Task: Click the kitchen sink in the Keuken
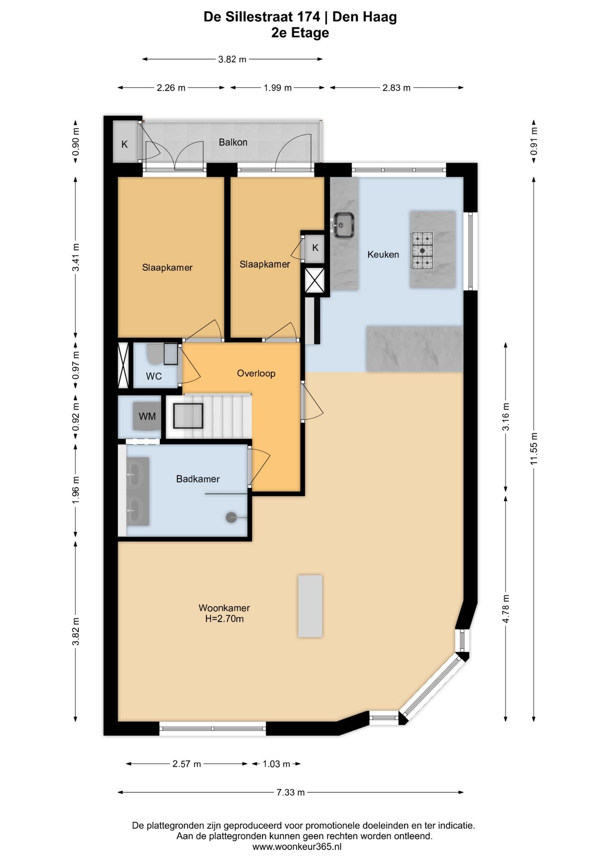[344, 225]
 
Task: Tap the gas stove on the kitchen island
[422, 251]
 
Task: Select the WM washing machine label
[147, 416]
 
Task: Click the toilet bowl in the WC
[155, 354]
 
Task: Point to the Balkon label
[233, 142]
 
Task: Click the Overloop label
[256, 373]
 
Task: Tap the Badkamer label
[198, 479]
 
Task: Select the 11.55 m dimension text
[534, 448]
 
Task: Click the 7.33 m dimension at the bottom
[291, 792]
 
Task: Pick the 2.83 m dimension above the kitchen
[396, 88]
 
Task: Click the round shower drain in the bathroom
[231, 517]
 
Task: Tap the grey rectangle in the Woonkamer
[310, 606]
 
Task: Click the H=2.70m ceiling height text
[224, 619]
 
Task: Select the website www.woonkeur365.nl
[297, 847]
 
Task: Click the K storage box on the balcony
[125, 142]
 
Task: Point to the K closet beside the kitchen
[315, 248]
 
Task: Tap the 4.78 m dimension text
[506, 609]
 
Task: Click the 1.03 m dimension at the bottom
[276, 764]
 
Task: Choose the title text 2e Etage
[300, 33]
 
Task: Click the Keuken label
[383, 254]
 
